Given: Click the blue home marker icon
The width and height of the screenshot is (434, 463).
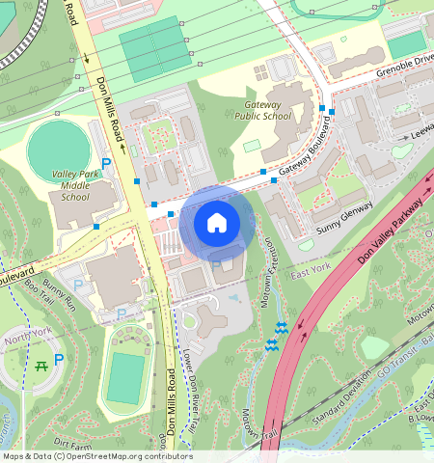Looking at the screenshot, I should (217, 223).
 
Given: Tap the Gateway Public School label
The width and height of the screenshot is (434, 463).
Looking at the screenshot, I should (262, 110).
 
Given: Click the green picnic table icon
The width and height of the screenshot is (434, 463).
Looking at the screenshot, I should (41, 365).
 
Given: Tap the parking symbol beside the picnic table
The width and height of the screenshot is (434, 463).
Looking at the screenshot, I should (59, 360).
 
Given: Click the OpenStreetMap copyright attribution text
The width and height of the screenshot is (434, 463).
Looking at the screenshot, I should (96, 456).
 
